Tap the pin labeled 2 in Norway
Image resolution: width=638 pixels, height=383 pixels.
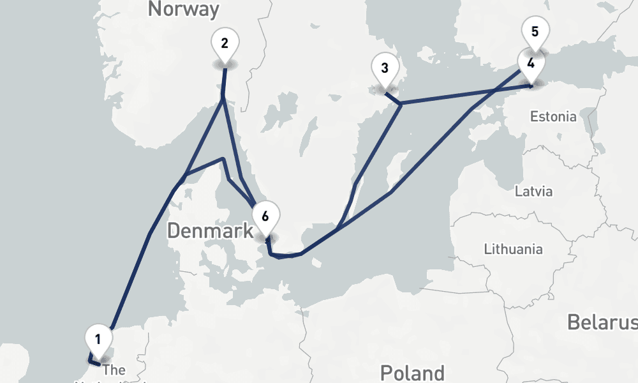225,44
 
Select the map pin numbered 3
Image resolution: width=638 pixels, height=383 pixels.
385,68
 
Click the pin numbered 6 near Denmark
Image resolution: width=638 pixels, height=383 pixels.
265,215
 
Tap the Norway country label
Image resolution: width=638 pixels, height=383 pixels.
183,9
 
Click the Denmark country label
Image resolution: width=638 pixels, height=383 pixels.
210,230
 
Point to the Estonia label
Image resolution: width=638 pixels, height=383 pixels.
553,117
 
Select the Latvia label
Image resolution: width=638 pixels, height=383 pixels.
533,191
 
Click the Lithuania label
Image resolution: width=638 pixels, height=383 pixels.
513,249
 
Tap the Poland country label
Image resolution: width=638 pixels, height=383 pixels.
412,373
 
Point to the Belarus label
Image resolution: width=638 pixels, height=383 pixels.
602,322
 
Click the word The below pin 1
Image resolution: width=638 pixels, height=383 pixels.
114,370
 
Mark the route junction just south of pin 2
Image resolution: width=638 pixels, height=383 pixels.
222,99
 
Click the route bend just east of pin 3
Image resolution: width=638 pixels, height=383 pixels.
400,103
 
